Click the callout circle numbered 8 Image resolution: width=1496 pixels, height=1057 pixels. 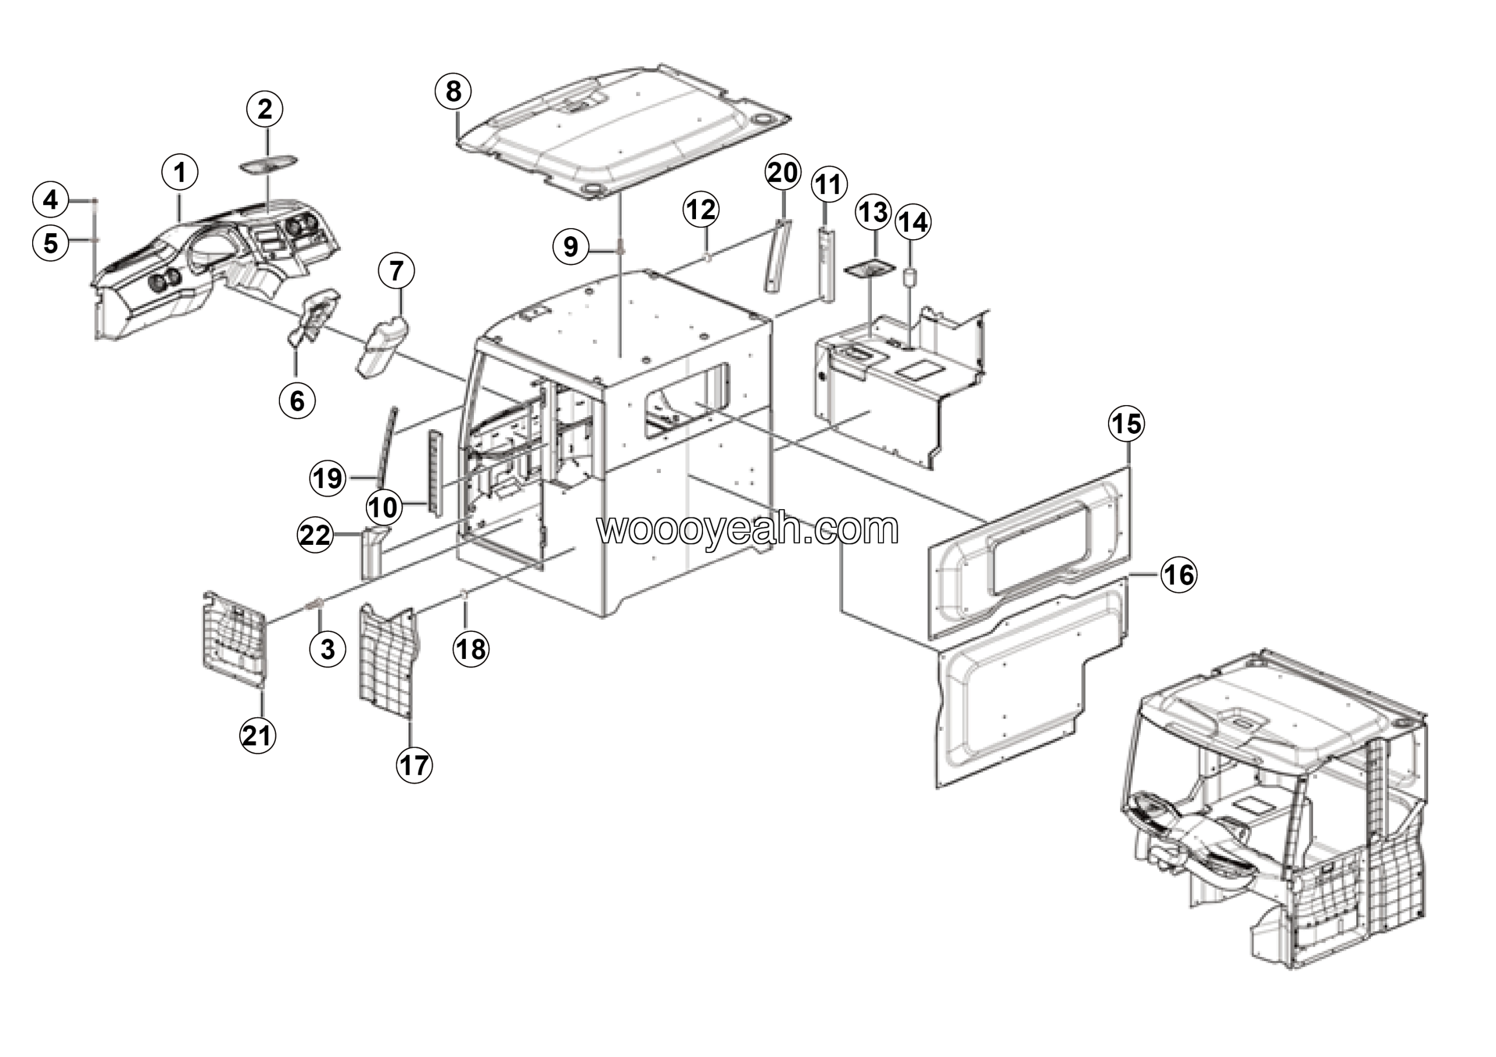point(453,91)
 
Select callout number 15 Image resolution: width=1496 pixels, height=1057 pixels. point(1127,424)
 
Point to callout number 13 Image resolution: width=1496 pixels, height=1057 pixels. point(873,212)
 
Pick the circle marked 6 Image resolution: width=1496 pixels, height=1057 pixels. point(297,401)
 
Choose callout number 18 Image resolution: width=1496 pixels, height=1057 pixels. point(471,649)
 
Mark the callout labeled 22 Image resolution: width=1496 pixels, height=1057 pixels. point(316,535)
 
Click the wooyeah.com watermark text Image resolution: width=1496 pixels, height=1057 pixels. point(748,528)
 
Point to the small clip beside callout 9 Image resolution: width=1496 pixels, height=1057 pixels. point(619,247)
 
